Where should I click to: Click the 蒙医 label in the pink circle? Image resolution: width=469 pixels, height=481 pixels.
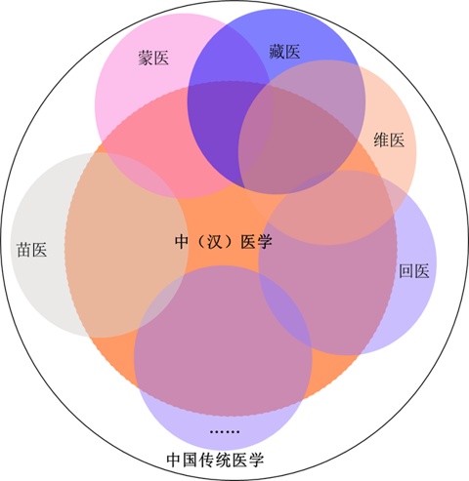point(153,59)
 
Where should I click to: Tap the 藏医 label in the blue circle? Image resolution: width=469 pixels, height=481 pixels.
point(284,52)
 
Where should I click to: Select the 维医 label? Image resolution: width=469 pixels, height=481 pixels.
point(389,140)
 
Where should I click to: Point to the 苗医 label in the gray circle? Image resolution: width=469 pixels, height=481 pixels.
point(32,250)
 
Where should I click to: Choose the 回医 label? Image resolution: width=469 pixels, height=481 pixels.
point(414,271)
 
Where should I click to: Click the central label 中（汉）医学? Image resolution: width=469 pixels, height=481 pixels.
point(224,242)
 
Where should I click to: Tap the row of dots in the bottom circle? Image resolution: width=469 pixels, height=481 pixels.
point(225,432)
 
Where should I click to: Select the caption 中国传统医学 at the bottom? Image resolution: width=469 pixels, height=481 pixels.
point(215,460)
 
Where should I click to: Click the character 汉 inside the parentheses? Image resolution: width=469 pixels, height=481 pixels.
point(215,242)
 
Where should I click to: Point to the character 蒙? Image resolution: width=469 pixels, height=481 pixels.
point(146,59)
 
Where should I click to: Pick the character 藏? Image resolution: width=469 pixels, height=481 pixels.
point(277,52)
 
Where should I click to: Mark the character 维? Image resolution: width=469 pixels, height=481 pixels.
point(381,140)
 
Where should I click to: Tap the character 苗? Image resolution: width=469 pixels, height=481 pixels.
point(24,250)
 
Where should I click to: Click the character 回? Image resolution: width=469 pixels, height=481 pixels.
point(406,271)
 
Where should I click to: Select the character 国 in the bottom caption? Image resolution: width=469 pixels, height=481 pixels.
point(191,460)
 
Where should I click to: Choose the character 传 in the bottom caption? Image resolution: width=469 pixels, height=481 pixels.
point(207,460)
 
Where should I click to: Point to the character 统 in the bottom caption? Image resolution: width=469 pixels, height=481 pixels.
point(224,460)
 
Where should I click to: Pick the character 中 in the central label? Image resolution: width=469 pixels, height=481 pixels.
point(182,242)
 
